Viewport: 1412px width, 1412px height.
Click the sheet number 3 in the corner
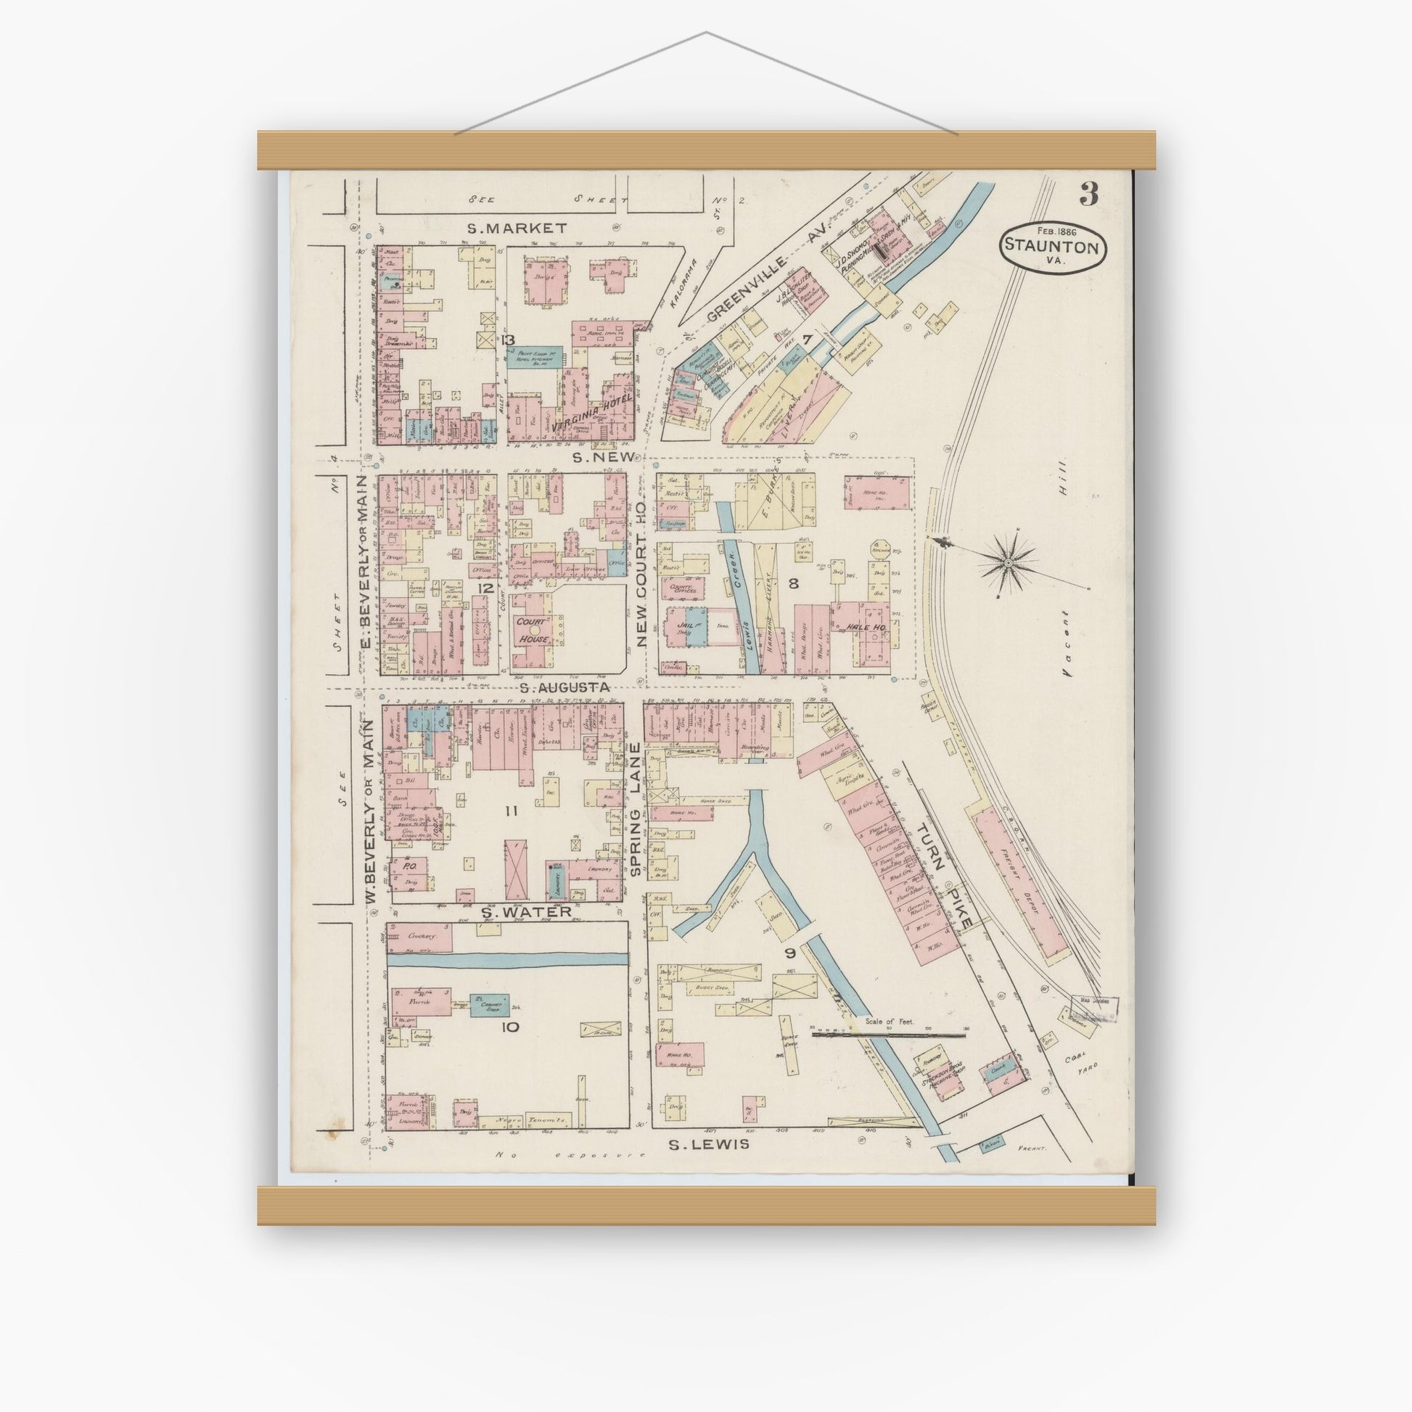pos(1088,195)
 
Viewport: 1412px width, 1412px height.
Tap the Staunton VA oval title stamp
pos(1052,247)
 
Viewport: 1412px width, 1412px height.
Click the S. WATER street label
pos(525,912)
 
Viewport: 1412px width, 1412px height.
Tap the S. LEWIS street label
pos(710,1144)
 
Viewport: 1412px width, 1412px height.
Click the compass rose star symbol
pos(1007,562)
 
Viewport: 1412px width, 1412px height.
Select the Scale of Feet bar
pos(887,1034)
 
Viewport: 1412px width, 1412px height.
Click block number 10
pos(510,1027)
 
